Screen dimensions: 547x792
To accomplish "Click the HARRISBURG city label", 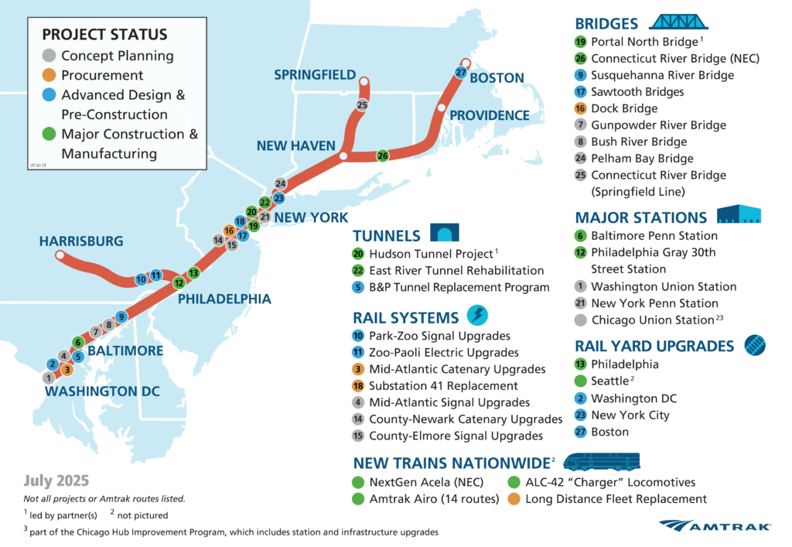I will (x=81, y=241).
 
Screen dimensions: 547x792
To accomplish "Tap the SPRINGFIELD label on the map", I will (x=315, y=74).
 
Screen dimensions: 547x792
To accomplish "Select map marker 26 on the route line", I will (x=382, y=156).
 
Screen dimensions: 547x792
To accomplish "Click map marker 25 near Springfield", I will (x=362, y=104).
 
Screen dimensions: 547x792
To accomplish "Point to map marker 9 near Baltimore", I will (x=121, y=316).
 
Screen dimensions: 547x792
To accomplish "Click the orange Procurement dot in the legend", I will (x=49, y=75).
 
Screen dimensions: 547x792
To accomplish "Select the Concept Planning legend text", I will (x=117, y=56).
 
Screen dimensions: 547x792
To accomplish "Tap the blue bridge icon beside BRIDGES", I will (x=673, y=22).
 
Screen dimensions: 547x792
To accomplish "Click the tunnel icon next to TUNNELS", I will (x=444, y=233).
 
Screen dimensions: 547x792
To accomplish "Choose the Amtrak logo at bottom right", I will (x=715, y=526).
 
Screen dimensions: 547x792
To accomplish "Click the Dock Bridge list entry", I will (x=623, y=108).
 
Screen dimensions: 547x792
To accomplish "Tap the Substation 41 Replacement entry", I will (x=444, y=385).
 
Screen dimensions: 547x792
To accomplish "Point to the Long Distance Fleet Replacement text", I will (x=616, y=499).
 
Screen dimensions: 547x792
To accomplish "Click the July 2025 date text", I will (x=56, y=480).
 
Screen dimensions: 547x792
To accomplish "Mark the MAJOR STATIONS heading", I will (x=641, y=217).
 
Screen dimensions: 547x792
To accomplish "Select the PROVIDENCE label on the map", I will (x=490, y=115).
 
